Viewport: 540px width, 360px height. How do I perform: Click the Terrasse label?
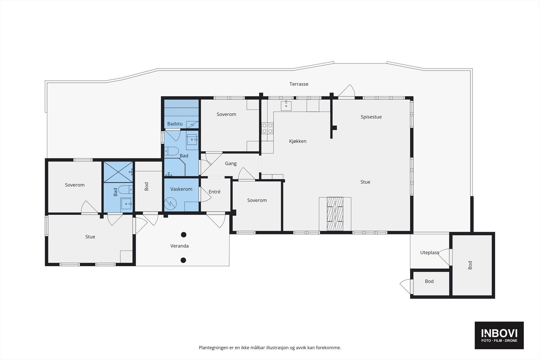pos(299,84)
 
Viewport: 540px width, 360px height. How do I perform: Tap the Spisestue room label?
pos(371,117)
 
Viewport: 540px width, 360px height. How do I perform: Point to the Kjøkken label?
pos(298,141)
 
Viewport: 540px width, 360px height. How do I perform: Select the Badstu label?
pos(175,124)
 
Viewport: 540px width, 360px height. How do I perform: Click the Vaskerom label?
pos(181,189)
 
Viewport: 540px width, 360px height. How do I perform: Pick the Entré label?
pos(214,192)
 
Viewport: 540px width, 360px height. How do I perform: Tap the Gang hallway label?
pos(231,164)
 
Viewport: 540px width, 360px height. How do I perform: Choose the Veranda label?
pos(179,246)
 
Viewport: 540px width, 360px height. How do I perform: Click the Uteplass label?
pos(430,253)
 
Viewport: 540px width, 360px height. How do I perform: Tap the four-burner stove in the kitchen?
pos(267,128)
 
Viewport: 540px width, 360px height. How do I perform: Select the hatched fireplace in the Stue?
pos(335,214)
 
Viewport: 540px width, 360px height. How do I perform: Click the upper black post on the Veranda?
pos(184,234)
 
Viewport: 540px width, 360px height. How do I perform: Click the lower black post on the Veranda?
pos(183,260)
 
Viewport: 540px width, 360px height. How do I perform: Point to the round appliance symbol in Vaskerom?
pos(170,203)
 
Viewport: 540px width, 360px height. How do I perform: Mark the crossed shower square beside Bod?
pos(118,172)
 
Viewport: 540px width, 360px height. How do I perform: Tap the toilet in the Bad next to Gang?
pos(171,151)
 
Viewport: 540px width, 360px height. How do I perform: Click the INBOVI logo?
pos(499,335)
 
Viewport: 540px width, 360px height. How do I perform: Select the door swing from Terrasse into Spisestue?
pos(346,91)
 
